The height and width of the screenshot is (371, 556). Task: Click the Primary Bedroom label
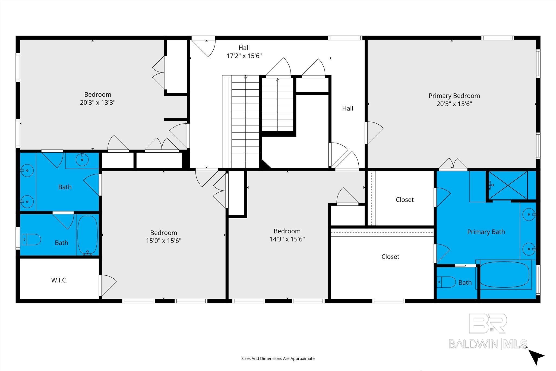pyautogui.click(x=454, y=96)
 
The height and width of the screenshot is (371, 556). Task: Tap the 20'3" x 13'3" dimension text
pyautogui.click(x=98, y=103)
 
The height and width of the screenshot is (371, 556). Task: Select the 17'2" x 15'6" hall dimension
pyautogui.click(x=244, y=56)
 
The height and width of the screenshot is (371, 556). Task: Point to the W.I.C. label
pyautogui.click(x=59, y=280)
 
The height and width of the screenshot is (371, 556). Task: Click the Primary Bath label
pyautogui.click(x=486, y=232)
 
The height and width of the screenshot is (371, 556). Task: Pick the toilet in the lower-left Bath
pyautogui.click(x=31, y=240)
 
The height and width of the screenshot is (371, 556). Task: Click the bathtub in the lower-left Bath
pyautogui.click(x=87, y=235)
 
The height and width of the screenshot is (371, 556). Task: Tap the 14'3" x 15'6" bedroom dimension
pyautogui.click(x=287, y=239)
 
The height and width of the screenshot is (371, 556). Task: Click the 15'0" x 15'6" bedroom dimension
pyautogui.click(x=164, y=241)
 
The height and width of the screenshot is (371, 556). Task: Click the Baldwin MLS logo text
pyautogui.click(x=488, y=344)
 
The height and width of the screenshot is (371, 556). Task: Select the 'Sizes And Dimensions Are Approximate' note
pyautogui.click(x=278, y=359)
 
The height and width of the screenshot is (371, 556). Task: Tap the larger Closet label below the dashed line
pyautogui.click(x=390, y=257)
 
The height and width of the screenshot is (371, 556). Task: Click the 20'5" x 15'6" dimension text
pyautogui.click(x=454, y=104)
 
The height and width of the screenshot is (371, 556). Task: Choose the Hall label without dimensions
pyautogui.click(x=347, y=108)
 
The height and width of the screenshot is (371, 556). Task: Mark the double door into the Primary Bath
pyautogui.click(x=453, y=164)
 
